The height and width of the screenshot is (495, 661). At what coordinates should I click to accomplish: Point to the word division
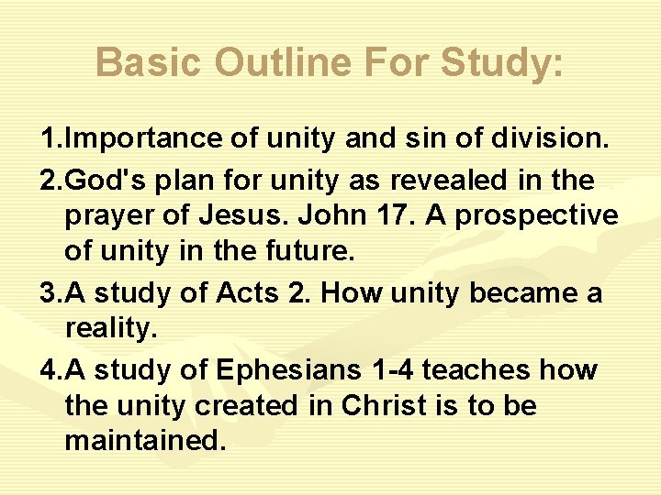coord(552,139)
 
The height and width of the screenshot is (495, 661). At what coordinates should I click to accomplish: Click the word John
coord(327,216)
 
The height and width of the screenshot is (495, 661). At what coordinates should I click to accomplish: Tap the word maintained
coord(144,440)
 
